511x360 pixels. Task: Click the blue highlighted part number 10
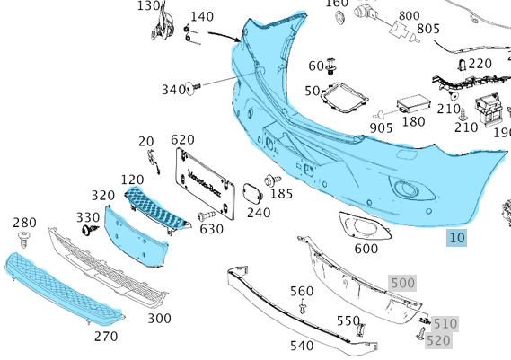(457, 238)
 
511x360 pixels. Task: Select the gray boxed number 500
(402, 283)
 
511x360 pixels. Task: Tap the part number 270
(105, 336)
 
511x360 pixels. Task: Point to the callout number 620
(182, 140)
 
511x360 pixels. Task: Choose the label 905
(381, 128)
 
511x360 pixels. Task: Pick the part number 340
(172, 89)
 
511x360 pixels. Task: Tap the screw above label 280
(24, 237)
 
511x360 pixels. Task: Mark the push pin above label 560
(304, 308)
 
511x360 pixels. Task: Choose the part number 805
(428, 29)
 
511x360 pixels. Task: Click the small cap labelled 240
(251, 193)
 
